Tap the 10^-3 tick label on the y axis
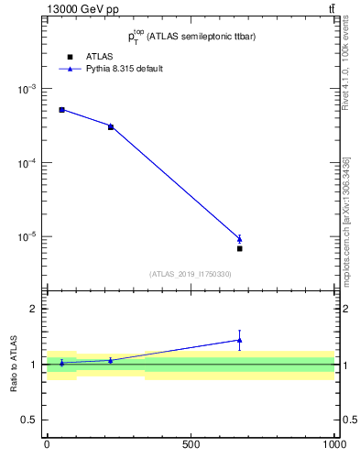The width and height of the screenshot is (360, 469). [x=27, y=89]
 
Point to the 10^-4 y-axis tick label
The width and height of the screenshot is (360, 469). [x=27, y=163]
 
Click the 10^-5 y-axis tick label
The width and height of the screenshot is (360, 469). [x=27, y=236]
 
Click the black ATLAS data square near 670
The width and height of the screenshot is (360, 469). [x=239, y=248]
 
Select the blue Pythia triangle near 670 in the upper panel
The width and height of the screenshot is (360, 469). [x=239, y=238]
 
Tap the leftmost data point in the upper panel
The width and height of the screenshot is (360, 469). [x=61, y=110]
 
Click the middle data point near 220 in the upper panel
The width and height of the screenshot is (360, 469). [x=111, y=126]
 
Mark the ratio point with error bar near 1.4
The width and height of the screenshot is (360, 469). [x=239, y=340]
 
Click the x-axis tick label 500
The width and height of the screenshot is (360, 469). [x=191, y=444]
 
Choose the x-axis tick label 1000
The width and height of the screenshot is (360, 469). [x=333, y=444]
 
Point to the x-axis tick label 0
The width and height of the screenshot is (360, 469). [x=47, y=444]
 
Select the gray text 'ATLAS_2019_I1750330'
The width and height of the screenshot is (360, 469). [x=191, y=274]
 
